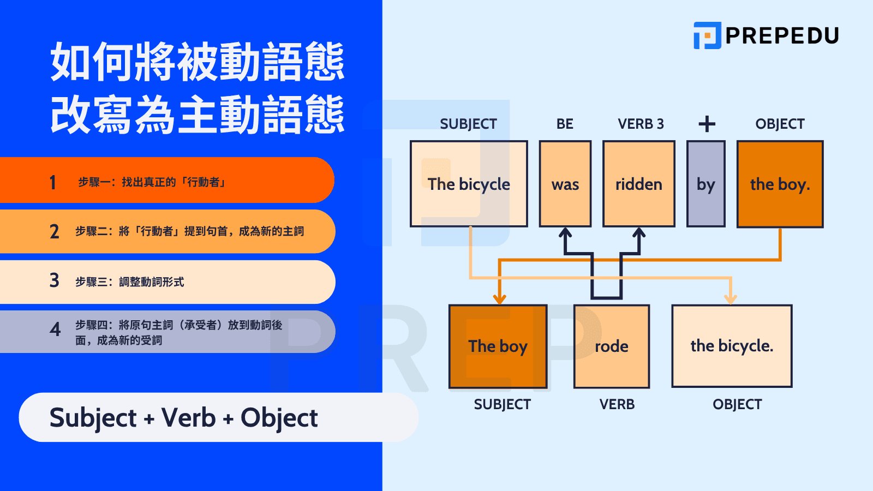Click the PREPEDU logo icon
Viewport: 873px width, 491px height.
pos(707,35)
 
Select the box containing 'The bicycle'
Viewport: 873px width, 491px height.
pos(469,184)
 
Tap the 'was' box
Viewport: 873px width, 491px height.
pos(565,184)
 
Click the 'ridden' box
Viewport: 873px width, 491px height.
pos(638,184)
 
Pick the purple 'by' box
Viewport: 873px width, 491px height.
pos(705,184)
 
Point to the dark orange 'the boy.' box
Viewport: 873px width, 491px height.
pos(780,184)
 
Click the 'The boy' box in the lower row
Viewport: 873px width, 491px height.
pos(498,346)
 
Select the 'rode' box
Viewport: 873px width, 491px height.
pos(611,346)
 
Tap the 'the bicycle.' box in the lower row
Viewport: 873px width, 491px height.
pos(732,346)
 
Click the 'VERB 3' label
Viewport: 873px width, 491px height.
pos(641,124)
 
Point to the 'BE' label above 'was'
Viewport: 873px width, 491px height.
pos(565,124)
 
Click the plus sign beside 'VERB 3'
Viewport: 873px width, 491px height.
pos(707,124)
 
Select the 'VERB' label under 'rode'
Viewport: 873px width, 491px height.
pos(617,404)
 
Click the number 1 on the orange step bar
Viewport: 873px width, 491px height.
pos(53,182)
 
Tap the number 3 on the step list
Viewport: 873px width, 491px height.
pos(54,280)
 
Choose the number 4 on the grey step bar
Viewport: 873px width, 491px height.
pos(55,330)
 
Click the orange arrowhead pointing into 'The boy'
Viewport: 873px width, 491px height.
pos(499,299)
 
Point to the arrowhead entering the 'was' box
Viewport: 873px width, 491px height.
pos(565,233)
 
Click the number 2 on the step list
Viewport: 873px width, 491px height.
pos(54,231)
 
